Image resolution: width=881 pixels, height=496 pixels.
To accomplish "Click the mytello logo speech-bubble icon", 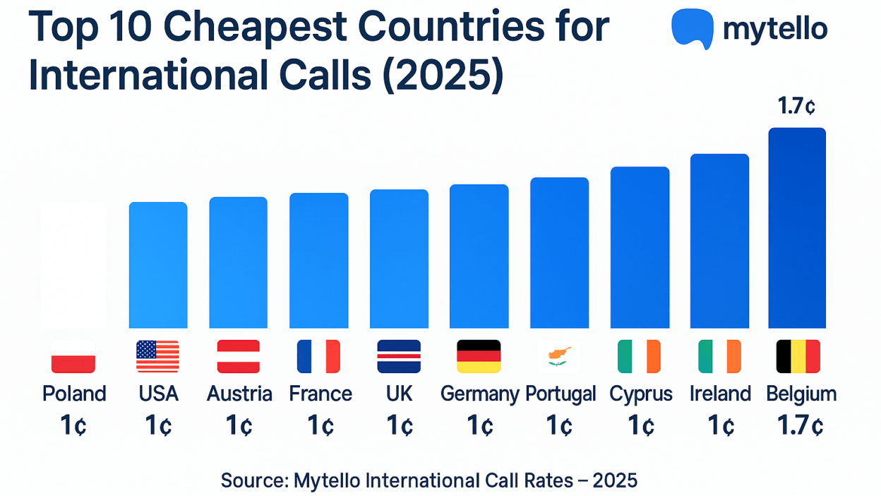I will pos(692,28).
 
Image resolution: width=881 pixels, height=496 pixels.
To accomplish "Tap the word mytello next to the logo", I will pos(775,29).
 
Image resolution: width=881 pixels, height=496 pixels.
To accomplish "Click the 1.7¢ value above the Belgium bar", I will pos(797,107).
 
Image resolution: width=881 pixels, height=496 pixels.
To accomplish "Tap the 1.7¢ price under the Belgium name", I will pos(801,426).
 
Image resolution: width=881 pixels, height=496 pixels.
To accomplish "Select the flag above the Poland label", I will pos(73,356).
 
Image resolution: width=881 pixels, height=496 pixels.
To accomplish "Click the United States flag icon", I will pos(157,356).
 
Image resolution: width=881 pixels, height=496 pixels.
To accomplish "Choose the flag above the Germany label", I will pos(479,356).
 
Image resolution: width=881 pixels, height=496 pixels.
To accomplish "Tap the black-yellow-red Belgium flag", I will pos(798,356).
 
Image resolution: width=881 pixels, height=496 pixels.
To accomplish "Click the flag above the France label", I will pos(318,356).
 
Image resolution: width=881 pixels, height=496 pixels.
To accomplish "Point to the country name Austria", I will pos(239,394).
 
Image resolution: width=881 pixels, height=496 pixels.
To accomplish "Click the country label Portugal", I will pos(561,394).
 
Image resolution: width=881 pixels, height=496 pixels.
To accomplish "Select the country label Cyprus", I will pos(641,394).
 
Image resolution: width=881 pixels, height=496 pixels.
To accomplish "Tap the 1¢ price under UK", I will pos(399,426).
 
